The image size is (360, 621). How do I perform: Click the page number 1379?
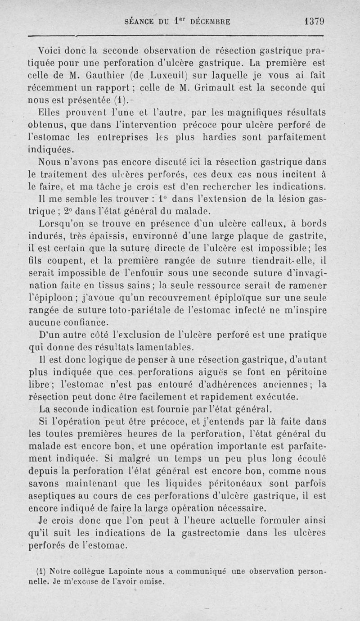click(x=315, y=21)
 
